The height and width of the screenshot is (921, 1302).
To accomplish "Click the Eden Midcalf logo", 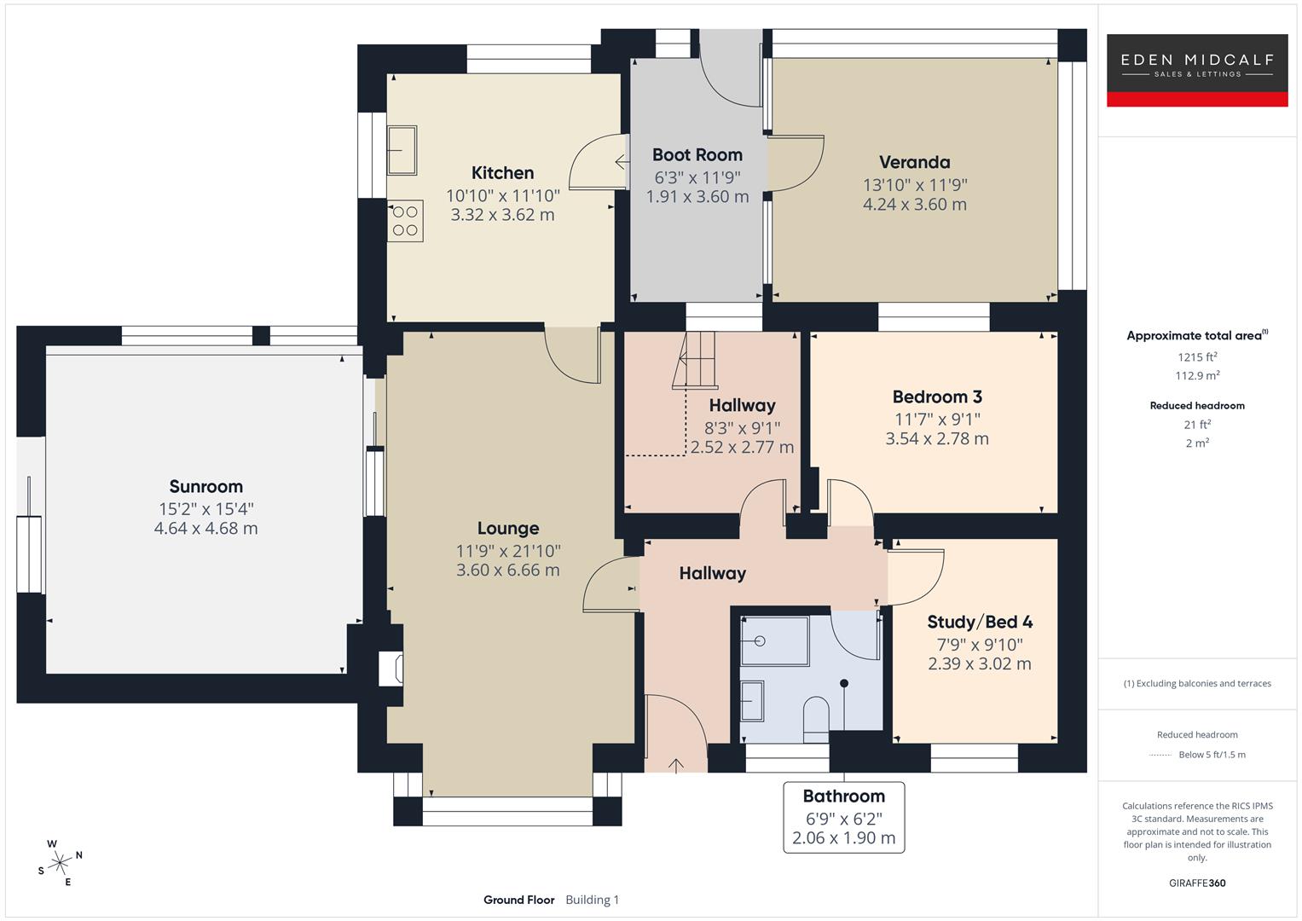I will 1196,70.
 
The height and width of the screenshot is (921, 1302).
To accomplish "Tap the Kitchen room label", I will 502,173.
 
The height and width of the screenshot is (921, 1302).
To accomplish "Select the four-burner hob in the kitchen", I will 405,221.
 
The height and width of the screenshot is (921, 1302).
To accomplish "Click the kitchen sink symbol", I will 402,150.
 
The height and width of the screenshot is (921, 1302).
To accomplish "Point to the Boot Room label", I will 697,154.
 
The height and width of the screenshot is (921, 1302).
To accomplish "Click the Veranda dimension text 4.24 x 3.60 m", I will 914,205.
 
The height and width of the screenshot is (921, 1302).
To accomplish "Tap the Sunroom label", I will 205,487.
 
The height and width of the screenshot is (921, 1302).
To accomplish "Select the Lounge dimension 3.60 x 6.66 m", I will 507,571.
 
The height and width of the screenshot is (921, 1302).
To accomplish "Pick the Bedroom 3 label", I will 936,397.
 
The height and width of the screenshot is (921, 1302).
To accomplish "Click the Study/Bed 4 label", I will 980,622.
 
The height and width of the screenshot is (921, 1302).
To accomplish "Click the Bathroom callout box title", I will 843,796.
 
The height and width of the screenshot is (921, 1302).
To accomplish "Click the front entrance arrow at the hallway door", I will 676,765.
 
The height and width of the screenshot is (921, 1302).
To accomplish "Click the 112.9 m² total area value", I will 1197,376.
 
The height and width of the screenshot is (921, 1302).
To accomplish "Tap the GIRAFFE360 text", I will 1197,883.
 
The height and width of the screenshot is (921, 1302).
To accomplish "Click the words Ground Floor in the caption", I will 518,900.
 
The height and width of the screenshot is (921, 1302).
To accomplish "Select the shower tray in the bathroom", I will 774,641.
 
